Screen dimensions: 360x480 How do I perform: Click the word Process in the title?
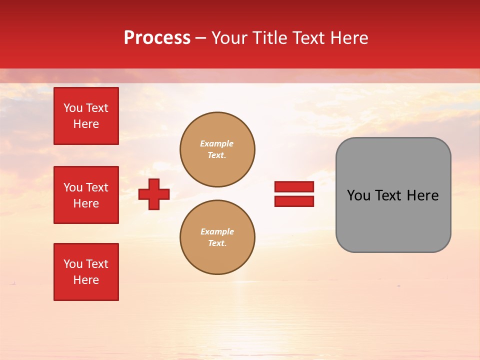[x=157, y=38]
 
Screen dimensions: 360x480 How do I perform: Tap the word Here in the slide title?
[x=347, y=38]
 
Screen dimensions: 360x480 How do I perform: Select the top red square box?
[x=86, y=116]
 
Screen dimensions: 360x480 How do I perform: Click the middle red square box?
[x=86, y=195]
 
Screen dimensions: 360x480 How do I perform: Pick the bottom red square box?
[x=86, y=272]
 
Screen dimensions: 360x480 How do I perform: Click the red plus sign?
[x=154, y=194]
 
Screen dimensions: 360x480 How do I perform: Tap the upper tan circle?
[x=217, y=149]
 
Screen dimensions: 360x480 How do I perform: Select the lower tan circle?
[x=217, y=237]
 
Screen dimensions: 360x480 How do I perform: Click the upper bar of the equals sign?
[x=294, y=186]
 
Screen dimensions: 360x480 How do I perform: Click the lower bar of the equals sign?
[x=294, y=201]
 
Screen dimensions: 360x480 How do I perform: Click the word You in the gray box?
[x=359, y=195]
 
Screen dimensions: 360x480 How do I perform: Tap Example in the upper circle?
[x=217, y=143]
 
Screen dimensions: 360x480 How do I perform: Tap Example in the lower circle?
[x=217, y=231]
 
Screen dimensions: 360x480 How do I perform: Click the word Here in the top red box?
[x=86, y=124]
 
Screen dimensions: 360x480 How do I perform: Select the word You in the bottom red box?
[x=73, y=264]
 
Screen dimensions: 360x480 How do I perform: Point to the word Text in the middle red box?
[x=96, y=187]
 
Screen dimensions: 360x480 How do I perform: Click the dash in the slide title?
[x=201, y=38]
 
